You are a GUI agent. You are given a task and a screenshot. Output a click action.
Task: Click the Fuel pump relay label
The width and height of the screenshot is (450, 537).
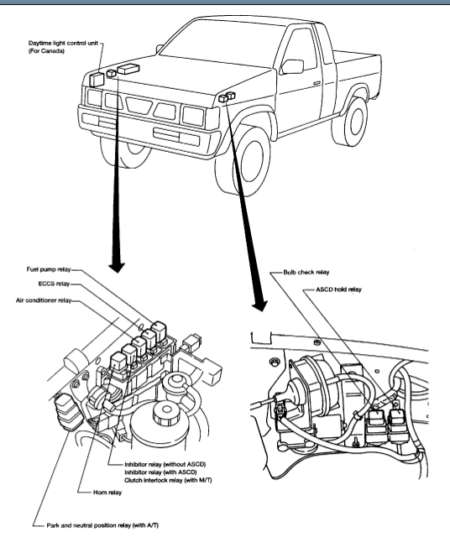coord(49,269)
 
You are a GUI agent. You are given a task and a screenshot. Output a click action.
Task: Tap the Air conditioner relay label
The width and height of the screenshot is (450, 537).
coord(44,300)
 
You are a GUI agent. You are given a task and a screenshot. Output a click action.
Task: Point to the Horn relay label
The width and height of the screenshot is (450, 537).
coord(107,493)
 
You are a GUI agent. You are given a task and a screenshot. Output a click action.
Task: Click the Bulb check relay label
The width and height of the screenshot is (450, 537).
coord(306,272)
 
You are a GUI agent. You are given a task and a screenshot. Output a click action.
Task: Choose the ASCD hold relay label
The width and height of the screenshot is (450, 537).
coord(338,289)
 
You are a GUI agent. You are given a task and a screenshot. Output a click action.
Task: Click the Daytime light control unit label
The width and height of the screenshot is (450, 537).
coord(64,43)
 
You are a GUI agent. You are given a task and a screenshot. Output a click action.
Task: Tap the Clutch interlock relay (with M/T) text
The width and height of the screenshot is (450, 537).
coord(168,480)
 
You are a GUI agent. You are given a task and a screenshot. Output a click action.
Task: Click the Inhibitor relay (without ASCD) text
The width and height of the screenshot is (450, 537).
coord(165,464)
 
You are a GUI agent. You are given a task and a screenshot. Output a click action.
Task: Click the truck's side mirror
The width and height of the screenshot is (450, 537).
coord(292,66)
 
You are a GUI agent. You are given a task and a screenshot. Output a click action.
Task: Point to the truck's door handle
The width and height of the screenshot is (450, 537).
coord(317,83)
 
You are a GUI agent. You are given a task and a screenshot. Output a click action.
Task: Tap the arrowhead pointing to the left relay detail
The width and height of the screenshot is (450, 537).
coord(117,268)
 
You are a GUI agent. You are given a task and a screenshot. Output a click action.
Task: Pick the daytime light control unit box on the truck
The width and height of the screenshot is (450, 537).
coord(97,80)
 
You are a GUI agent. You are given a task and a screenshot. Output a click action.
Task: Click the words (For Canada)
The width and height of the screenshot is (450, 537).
coord(46,51)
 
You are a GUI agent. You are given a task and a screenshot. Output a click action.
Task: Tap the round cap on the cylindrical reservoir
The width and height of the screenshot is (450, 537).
coord(166,410)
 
